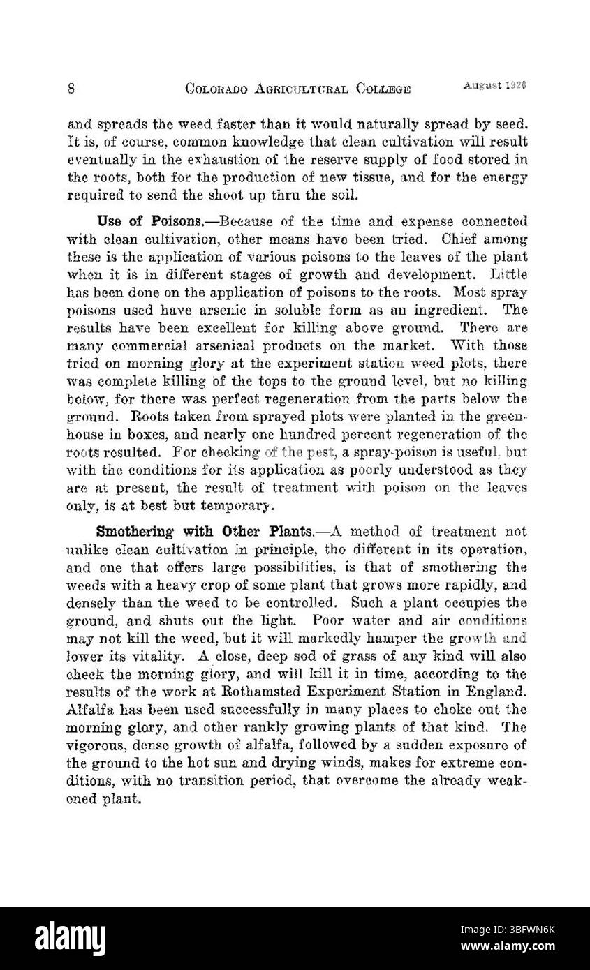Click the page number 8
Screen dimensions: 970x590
[72, 89]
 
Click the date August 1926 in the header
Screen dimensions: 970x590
[494, 85]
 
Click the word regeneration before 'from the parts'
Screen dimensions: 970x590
[279, 398]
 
